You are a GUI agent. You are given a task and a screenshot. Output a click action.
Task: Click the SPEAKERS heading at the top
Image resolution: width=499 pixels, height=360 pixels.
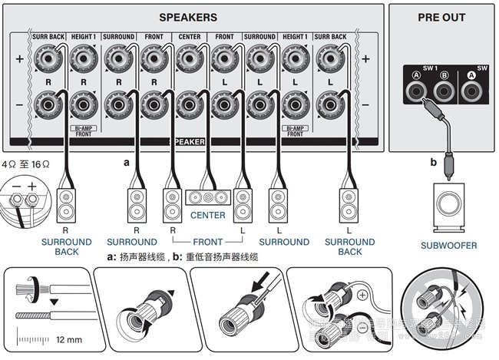(187, 17)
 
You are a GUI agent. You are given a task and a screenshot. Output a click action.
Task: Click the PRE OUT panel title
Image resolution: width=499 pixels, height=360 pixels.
(441, 18)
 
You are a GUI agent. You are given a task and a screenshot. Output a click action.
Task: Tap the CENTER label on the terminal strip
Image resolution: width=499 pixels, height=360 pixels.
(189, 36)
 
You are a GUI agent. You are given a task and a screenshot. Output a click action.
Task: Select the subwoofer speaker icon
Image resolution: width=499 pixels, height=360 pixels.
(448, 206)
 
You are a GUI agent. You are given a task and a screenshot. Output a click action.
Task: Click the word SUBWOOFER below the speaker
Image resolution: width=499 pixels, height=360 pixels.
(448, 246)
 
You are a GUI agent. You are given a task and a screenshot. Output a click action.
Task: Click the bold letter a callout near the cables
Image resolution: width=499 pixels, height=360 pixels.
(127, 163)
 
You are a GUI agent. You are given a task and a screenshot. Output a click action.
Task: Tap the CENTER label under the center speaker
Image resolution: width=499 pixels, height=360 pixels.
(208, 216)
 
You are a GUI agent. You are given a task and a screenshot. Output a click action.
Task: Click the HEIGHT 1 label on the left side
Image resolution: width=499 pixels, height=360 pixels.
(84, 36)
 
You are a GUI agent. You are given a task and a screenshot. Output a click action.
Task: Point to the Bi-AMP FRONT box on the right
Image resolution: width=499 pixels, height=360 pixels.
(295, 130)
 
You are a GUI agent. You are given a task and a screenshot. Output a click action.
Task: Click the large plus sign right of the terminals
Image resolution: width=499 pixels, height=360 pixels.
(365, 58)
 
